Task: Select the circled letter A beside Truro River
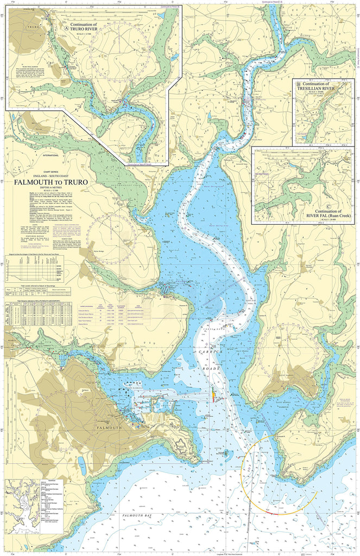67,25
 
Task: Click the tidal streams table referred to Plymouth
41,315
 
